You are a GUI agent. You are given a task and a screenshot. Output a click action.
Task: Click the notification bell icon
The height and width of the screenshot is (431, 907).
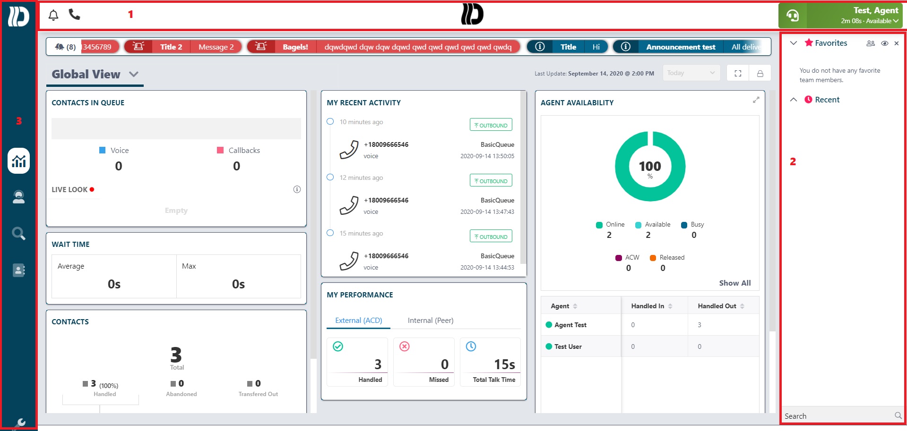pyautogui.click(x=53, y=15)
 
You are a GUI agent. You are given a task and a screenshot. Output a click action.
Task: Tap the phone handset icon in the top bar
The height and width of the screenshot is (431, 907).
pyautogui.click(x=74, y=14)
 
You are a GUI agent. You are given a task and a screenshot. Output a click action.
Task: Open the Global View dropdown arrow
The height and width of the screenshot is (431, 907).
pyautogui.click(x=134, y=74)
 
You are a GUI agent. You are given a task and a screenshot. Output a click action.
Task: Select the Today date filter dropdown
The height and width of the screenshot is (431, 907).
pyautogui.click(x=691, y=73)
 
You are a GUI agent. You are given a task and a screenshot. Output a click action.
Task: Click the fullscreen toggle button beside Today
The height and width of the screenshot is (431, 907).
pyautogui.click(x=738, y=73)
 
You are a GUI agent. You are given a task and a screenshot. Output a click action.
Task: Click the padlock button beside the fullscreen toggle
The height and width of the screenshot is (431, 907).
pyautogui.click(x=760, y=73)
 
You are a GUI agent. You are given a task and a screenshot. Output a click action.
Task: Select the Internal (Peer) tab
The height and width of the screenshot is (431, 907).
pyautogui.click(x=431, y=321)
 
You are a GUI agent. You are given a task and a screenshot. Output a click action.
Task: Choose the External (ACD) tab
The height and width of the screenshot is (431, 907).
pyautogui.click(x=359, y=321)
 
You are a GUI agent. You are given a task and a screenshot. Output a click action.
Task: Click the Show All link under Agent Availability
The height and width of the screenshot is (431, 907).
pyautogui.click(x=735, y=283)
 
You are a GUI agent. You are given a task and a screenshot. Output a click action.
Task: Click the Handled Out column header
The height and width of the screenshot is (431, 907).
pyautogui.click(x=717, y=306)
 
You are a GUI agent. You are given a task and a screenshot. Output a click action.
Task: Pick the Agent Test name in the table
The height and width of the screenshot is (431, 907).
pyautogui.click(x=570, y=325)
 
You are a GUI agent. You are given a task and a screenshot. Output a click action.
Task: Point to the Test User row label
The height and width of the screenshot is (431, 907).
pyautogui.click(x=568, y=346)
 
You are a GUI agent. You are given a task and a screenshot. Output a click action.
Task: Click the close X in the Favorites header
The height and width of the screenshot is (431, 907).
pyautogui.click(x=897, y=43)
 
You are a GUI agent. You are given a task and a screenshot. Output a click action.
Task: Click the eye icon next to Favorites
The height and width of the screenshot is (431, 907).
pyautogui.click(x=885, y=43)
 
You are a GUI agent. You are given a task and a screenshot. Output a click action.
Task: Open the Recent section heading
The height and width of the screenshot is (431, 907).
pyautogui.click(x=827, y=100)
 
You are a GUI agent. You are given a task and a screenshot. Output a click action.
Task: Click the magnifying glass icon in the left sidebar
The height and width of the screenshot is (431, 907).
pyautogui.click(x=19, y=233)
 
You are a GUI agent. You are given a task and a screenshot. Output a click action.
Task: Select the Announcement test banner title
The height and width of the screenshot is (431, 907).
pyautogui.click(x=681, y=47)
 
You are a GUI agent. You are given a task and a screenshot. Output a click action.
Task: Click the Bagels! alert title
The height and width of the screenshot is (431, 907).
pyautogui.click(x=295, y=47)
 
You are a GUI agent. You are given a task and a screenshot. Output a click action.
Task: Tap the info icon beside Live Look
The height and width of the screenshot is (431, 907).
pyautogui.click(x=297, y=189)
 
